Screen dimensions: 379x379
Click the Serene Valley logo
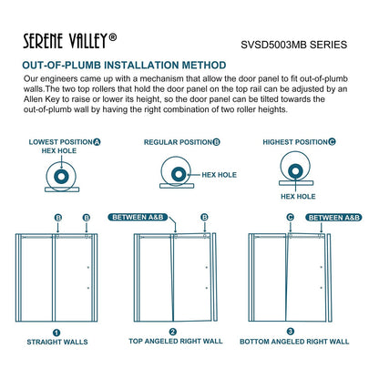pyautogui.click(x=70, y=41)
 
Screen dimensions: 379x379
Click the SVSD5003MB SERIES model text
pyautogui.click(x=294, y=45)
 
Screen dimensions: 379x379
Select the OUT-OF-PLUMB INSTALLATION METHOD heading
pyautogui.click(x=124, y=65)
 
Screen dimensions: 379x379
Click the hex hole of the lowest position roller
pyautogui.click(x=61, y=177)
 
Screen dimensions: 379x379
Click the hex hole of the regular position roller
pyautogui.click(x=179, y=174)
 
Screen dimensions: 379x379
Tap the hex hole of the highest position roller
pyautogui.click(x=295, y=171)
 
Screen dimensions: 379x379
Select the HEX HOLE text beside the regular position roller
pyautogui.click(x=219, y=175)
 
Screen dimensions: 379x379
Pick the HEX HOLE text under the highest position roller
pyautogui.click(x=298, y=197)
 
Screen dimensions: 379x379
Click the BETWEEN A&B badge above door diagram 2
pyautogui.click(x=138, y=217)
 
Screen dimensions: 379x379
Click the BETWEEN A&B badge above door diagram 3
pyautogui.click(x=334, y=218)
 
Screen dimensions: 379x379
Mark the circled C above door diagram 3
pyautogui.click(x=291, y=217)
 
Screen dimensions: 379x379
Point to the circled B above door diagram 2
pyautogui.click(x=204, y=217)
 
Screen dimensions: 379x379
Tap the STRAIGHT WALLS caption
pyautogui.click(x=57, y=342)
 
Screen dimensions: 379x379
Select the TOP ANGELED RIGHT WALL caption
pyautogui.click(x=176, y=341)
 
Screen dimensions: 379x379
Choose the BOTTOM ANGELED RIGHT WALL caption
pyautogui.click(x=294, y=342)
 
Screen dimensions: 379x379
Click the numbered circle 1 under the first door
pyautogui.click(x=56, y=333)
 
